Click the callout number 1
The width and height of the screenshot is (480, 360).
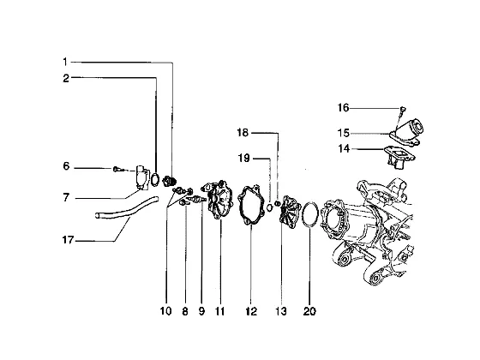(64, 62)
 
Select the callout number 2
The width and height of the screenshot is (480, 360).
(66, 78)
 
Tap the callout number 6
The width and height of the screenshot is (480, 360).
(66, 166)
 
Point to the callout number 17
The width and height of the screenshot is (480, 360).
(68, 240)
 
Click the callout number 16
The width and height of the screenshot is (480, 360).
(343, 108)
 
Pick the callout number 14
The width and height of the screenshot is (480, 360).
(344, 149)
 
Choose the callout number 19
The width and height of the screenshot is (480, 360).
(244, 159)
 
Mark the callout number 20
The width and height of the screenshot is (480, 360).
(309, 311)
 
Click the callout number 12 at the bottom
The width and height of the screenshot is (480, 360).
(251, 311)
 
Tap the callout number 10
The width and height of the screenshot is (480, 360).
(166, 311)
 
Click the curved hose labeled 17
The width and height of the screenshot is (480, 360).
(127, 209)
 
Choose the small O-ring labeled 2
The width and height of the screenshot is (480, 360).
(155, 179)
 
